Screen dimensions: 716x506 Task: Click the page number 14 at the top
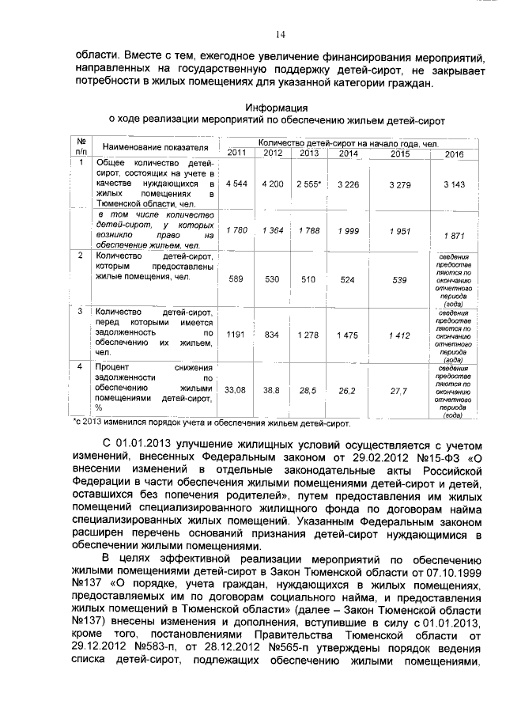pyautogui.click(x=280, y=34)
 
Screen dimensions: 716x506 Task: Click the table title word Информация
pyautogui.click(x=275, y=107)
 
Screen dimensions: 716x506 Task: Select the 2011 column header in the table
pyautogui.click(x=236, y=153)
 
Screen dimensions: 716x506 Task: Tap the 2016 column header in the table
pyautogui.click(x=454, y=153)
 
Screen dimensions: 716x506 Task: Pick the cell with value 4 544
pyautogui.click(x=237, y=184)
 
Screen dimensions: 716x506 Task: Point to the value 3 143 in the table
pyautogui.click(x=454, y=184)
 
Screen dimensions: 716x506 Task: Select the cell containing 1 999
pyautogui.click(x=343, y=229)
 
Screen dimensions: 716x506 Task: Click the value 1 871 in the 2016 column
pyautogui.click(x=454, y=235)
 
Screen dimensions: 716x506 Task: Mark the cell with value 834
pyautogui.click(x=272, y=335)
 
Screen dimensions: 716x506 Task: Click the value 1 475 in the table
pyautogui.click(x=343, y=335)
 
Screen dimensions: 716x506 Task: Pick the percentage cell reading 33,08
pyautogui.click(x=236, y=390)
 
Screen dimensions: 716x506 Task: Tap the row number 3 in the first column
pyautogui.click(x=81, y=311)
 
